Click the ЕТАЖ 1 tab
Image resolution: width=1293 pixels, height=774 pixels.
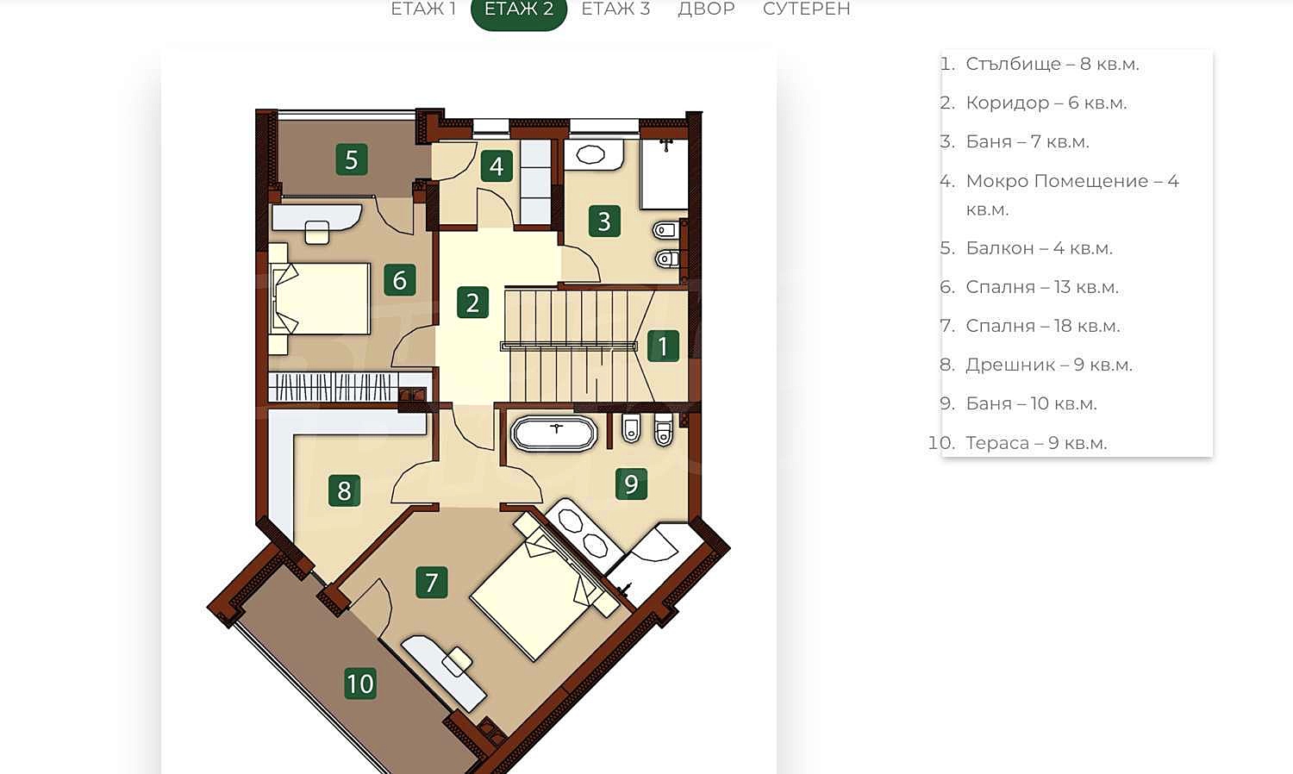tap(423, 9)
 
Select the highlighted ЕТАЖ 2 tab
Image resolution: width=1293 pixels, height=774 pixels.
tap(519, 10)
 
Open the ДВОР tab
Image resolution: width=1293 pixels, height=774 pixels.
tap(706, 9)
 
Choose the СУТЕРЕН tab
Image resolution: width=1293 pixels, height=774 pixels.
tap(806, 9)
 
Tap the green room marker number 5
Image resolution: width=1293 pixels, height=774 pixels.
tap(352, 159)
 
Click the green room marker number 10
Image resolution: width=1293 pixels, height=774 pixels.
tap(360, 683)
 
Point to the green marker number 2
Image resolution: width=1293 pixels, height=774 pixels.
tap(472, 302)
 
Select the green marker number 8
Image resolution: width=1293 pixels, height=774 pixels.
tap(344, 490)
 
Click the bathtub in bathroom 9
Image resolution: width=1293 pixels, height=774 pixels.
tap(553, 434)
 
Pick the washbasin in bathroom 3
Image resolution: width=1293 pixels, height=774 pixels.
tap(590, 154)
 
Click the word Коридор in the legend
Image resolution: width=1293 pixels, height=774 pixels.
tap(1008, 103)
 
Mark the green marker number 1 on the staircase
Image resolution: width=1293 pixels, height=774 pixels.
tap(663, 346)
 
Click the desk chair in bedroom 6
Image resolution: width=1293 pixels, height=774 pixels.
tap(316, 232)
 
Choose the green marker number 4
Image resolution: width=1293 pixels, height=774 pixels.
tap(497, 165)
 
